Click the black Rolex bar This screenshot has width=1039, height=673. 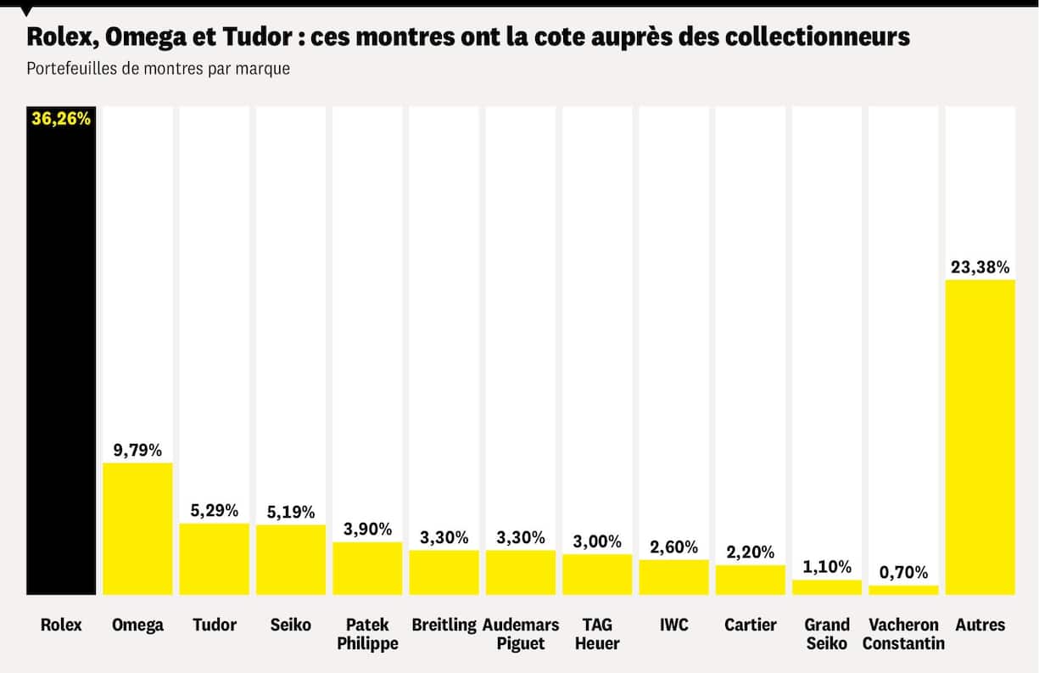(61, 356)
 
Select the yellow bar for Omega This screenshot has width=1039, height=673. (137, 528)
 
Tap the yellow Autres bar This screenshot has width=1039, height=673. (980, 437)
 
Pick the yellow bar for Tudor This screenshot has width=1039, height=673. (214, 558)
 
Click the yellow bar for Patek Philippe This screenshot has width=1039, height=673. (367, 568)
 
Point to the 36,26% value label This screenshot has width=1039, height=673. (61, 119)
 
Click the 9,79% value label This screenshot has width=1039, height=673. (137, 450)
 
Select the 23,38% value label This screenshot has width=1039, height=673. (980, 267)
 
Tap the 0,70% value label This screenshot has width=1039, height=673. (903, 572)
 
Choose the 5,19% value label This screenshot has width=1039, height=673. (290, 512)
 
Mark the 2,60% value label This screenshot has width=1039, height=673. (673, 547)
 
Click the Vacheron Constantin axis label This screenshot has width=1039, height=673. (903, 634)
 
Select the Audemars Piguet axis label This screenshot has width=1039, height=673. (521, 634)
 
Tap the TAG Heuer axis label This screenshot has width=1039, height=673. (597, 634)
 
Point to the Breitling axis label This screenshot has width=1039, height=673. (444, 625)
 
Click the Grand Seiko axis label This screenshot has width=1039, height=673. (827, 634)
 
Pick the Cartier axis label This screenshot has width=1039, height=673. (751, 625)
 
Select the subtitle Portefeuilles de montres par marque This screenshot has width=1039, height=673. (159, 69)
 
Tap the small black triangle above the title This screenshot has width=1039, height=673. (27, 11)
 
